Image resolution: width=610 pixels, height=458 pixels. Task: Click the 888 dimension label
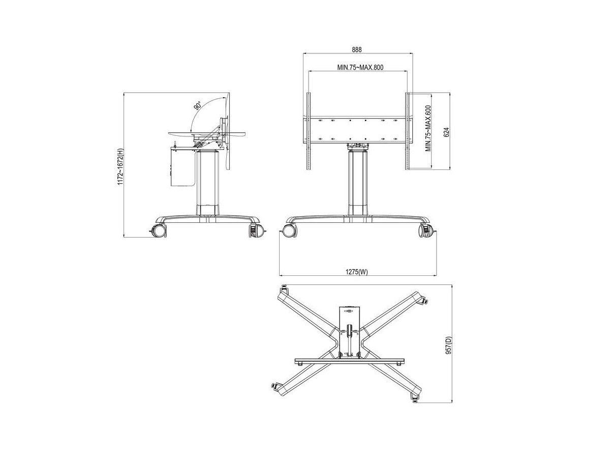click(357, 50)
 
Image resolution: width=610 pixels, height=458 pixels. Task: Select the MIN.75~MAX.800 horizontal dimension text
click(360, 67)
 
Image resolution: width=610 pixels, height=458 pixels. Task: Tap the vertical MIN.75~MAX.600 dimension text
click(428, 128)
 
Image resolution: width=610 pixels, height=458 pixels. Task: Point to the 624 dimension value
click(446, 132)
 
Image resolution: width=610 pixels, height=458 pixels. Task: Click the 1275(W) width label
click(356, 272)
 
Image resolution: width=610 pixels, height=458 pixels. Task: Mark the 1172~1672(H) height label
click(120, 167)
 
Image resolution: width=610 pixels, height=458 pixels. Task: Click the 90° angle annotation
click(198, 106)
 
